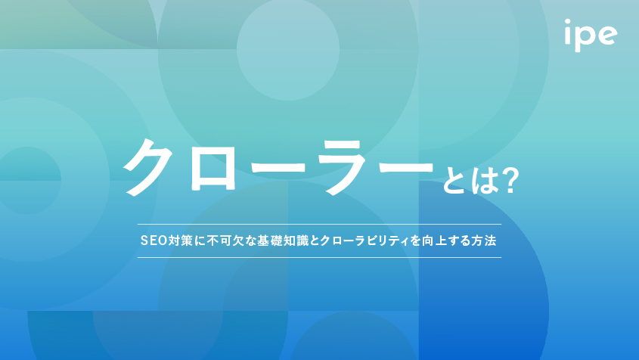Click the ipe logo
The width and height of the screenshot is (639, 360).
[591, 35]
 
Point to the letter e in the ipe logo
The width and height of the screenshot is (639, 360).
[606, 34]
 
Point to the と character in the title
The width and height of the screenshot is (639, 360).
[454, 182]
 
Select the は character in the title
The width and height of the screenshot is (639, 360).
[483, 182]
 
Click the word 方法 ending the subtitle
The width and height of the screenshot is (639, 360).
[484, 241]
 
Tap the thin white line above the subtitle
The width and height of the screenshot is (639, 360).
[319, 224]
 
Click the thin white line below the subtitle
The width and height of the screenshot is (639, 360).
[319, 258]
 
